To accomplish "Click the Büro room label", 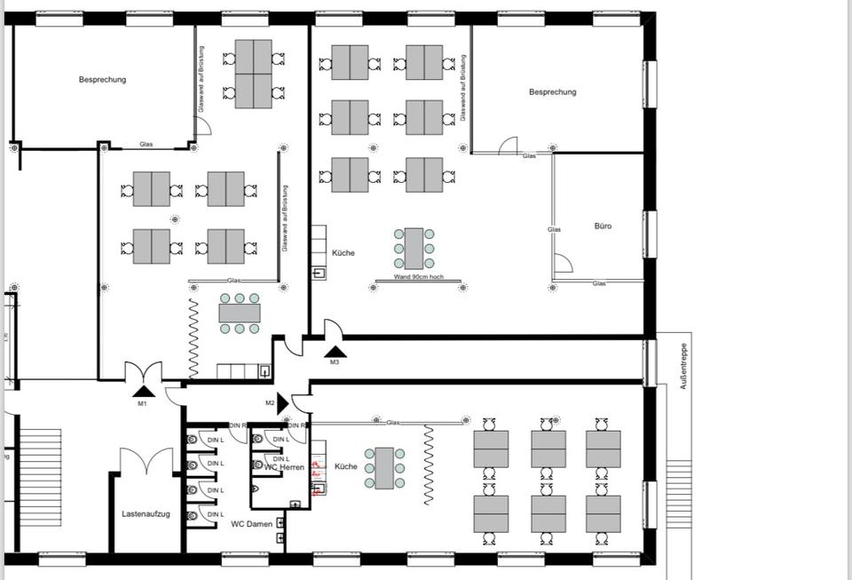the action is (x=603, y=226).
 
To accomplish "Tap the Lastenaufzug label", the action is (x=146, y=514).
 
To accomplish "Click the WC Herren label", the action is (x=285, y=467).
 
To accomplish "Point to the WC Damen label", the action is (x=251, y=524).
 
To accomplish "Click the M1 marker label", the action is (x=142, y=403).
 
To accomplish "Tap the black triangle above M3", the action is (x=335, y=351).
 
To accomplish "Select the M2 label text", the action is (x=270, y=402).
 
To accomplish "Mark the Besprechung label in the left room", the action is (x=102, y=80).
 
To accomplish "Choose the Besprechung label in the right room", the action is (x=552, y=92).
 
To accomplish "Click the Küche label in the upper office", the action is (x=343, y=253).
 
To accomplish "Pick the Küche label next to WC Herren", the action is (x=345, y=466).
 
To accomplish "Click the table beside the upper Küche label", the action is (x=414, y=249).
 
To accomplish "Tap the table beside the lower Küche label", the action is (x=384, y=468).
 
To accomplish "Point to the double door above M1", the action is (x=142, y=370).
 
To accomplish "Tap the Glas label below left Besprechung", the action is (x=146, y=144).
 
